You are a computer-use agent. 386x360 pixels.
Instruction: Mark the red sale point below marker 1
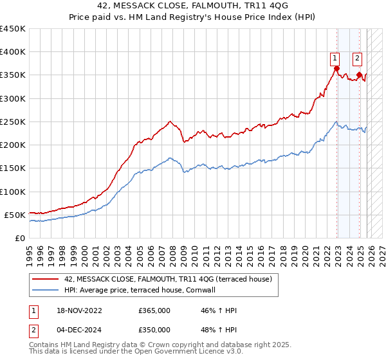point(336,69)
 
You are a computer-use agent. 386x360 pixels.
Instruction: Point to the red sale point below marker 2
point(359,75)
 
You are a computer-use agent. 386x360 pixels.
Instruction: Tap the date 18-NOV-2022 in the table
point(78,310)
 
